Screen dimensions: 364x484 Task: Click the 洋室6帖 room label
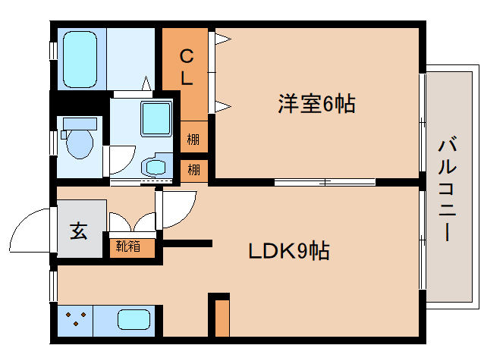tap(316, 104)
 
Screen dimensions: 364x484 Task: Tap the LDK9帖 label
tap(288, 251)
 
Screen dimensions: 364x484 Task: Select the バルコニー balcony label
tap(447, 189)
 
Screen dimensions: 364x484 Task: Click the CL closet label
tap(186, 67)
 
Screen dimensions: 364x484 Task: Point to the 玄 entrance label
tap(79, 231)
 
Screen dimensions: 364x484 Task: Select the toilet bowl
tap(79, 142)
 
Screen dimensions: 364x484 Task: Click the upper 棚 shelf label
tap(194, 140)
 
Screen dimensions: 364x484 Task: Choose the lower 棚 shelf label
tap(194, 169)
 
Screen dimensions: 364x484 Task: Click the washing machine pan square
tap(157, 118)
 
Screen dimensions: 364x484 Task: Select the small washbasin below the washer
tap(156, 165)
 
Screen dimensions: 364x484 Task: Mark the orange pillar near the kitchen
tap(221, 317)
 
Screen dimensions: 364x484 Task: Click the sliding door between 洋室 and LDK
tap(325, 182)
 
